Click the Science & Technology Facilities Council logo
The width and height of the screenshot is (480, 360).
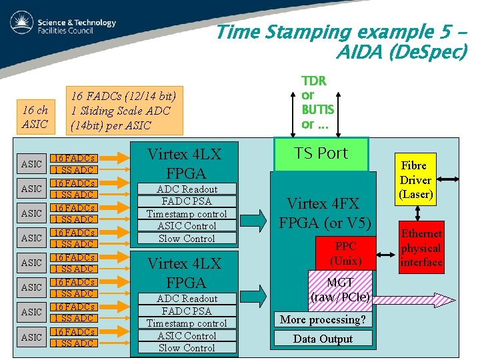[63, 26]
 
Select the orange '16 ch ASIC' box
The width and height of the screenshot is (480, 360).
[35, 117]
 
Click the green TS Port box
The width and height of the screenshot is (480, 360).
[321, 153]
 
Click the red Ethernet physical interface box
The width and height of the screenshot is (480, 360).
[421, 247]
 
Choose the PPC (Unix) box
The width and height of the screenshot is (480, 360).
[345, 253]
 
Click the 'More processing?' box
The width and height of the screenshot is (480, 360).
[323, 319]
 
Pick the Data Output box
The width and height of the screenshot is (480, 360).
[323, 339]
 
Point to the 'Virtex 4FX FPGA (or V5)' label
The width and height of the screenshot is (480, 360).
[324, 213]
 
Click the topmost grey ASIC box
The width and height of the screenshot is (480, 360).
[31, 164]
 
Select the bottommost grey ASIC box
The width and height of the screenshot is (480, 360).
[31, 337]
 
